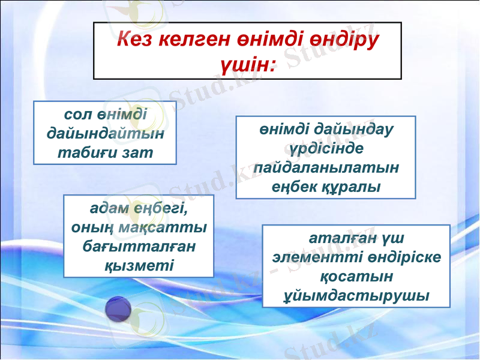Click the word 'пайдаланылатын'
point(326,167)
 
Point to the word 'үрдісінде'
point(326,148)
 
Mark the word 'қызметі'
point(139,265)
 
